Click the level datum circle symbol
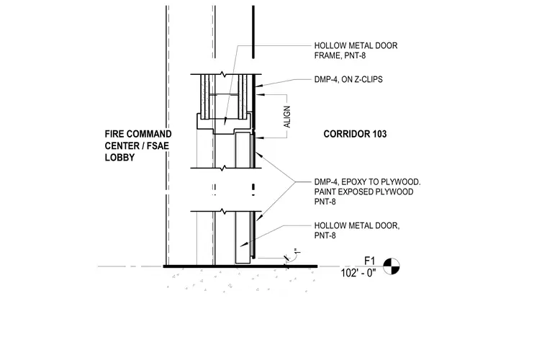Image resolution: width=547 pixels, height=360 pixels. point(392,266)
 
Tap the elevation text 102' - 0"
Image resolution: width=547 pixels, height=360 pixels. point(358,273)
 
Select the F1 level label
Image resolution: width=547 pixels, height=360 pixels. point(369,261)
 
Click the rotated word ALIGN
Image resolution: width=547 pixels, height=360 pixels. point(287,117)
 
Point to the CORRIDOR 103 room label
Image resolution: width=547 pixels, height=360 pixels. point(355,134)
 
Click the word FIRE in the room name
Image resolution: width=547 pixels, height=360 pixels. point(114,134)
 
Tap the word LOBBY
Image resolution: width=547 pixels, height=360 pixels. point(119,158)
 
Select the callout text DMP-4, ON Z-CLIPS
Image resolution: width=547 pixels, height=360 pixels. point(348,79)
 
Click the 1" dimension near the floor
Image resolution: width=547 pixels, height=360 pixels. point(297,251)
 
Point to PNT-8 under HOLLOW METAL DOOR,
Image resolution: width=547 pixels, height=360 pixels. point(325,235)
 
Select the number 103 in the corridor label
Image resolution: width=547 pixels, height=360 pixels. point(379,134)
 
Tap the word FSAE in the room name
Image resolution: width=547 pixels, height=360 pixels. point(158,146)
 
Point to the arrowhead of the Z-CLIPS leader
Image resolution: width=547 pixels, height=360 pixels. point(259,85)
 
